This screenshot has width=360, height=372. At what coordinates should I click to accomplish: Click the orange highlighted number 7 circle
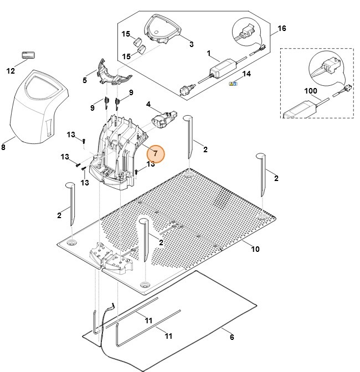156,153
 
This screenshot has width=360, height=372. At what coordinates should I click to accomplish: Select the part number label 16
281,28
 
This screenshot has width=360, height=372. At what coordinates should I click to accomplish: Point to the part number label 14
247,74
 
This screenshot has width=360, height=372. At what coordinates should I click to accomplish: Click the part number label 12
10,71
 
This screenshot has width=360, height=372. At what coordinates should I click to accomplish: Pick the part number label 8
4,147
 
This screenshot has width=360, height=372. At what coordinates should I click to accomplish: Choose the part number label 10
255,249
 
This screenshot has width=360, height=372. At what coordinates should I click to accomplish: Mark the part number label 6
232,337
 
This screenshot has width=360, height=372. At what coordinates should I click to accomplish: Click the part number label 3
191,44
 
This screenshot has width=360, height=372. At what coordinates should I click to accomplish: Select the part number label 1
209,54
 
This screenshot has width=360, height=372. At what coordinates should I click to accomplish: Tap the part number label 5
85,81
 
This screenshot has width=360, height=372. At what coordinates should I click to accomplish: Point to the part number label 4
148,104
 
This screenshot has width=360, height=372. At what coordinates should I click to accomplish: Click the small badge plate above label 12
28,55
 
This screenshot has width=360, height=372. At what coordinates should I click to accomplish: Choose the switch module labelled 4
164,118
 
